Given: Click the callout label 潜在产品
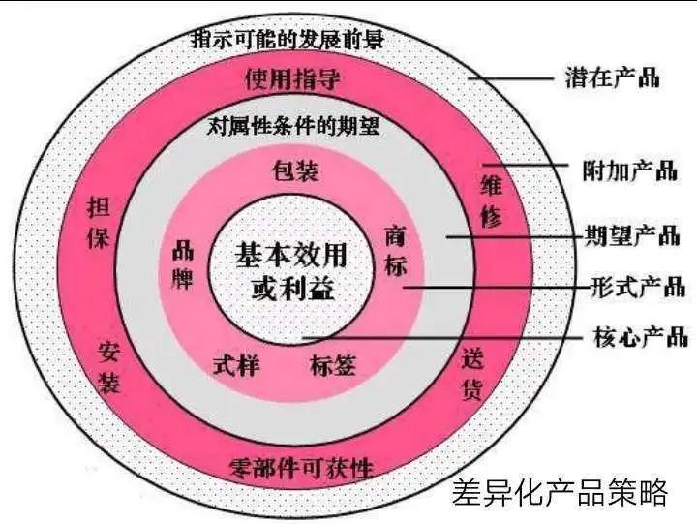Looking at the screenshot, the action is coord(613,77).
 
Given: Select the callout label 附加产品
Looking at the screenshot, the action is coord(630,170).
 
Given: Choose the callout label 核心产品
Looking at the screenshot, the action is coord(641,336).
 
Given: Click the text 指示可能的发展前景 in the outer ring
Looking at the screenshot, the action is coord(288,39).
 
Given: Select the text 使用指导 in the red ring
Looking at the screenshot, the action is coord(292,79).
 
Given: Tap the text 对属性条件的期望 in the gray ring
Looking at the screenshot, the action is coord(294,127).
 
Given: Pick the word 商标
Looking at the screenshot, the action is coord(395,251).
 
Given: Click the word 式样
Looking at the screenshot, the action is coord(236,366).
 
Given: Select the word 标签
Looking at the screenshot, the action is coord(333,366).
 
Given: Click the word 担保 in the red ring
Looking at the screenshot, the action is coord(98,223).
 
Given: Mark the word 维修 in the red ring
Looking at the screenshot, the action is coord(491,201).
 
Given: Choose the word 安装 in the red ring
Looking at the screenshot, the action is coord(109,367).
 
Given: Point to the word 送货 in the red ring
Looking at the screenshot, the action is coord(471,374).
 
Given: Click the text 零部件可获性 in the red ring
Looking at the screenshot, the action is coord(301,468).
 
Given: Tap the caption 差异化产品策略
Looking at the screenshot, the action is coord(561,492).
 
